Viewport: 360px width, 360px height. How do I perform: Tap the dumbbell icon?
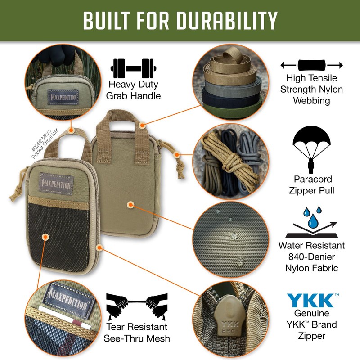(x=133, y=68)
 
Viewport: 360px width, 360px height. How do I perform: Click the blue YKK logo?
(x=310, y=300)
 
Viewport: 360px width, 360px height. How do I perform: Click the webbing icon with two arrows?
(x=311, y=66)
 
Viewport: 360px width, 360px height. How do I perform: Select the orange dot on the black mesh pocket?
(x=45, y=237)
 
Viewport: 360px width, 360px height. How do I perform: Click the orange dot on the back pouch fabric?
(x=130, y=205)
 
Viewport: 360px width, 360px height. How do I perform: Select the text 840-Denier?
(x=311, y=257)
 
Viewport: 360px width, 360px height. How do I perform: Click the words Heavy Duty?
(x=133, y=85)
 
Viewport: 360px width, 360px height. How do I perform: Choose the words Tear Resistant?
(x=136, y=327)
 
